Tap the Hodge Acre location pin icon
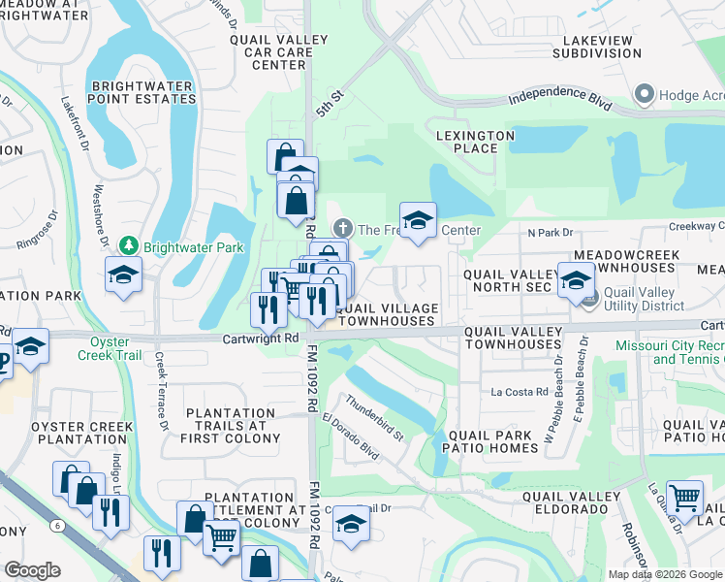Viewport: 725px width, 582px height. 643,94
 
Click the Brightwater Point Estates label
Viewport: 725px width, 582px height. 143,92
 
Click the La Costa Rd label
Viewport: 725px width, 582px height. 520,392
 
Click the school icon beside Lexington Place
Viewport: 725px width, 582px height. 418,220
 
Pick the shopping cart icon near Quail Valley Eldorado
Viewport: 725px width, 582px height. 685,498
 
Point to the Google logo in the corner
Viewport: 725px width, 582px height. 32,570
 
